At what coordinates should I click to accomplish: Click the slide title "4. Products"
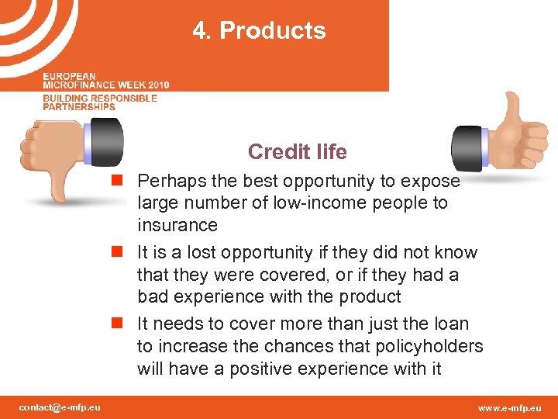click(x=260, y=31)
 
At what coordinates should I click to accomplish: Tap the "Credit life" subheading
click(x=297, y=151)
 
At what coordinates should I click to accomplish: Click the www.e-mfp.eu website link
click(x=509, y=407)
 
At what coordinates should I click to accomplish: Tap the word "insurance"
click(x=177, y=225)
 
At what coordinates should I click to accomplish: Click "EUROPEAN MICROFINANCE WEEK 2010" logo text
click(x=105, y=81)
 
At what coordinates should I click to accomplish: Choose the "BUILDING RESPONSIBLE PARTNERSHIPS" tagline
click(x=100, y=102)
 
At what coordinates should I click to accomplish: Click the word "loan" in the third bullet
click(x=452, y=323)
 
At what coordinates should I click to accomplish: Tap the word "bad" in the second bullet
click(x=152, y=296)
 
